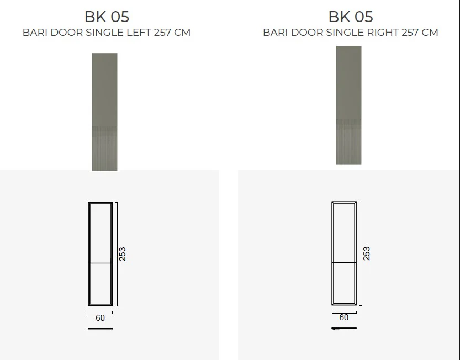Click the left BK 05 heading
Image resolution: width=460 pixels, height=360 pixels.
(x=107, y=17)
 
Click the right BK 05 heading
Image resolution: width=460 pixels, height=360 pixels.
(x=351, y=17)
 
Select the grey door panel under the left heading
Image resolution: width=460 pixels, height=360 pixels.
(x=105, y=112)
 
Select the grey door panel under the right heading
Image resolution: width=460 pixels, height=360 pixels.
(x=349, y=105)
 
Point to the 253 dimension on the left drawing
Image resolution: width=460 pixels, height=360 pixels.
(x=123, y=254)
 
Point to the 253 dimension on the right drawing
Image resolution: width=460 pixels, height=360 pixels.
(x=367, y=253)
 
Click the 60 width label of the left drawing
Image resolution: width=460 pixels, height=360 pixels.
(x=100, y=317)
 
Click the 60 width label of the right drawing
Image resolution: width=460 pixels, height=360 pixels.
(x=344, y=317)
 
